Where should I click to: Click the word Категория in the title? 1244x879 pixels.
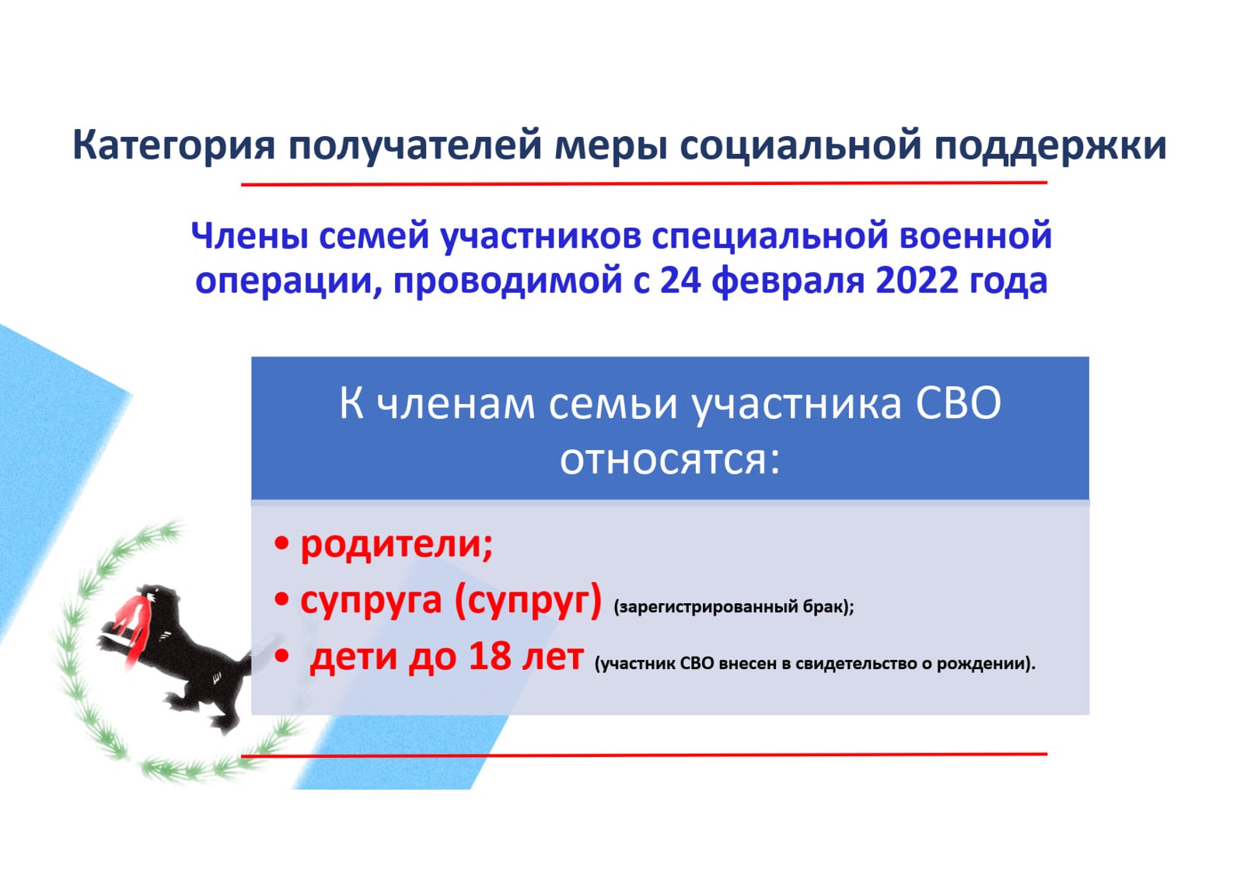coord(174,145)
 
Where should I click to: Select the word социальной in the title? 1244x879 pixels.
coord(800,145)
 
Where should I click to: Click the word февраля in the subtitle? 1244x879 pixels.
coord(788,281)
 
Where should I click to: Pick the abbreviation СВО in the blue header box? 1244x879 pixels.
coord(959,403)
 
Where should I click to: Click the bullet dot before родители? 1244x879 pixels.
coord(281,543)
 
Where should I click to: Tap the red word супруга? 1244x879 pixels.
coord(371,600)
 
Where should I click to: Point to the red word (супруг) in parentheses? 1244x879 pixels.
coord(528,600)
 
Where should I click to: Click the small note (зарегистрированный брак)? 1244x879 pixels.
coord(734,606)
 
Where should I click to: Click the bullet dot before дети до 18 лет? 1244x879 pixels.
coord(281,657)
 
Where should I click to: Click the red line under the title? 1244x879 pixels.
coord(644,183)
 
